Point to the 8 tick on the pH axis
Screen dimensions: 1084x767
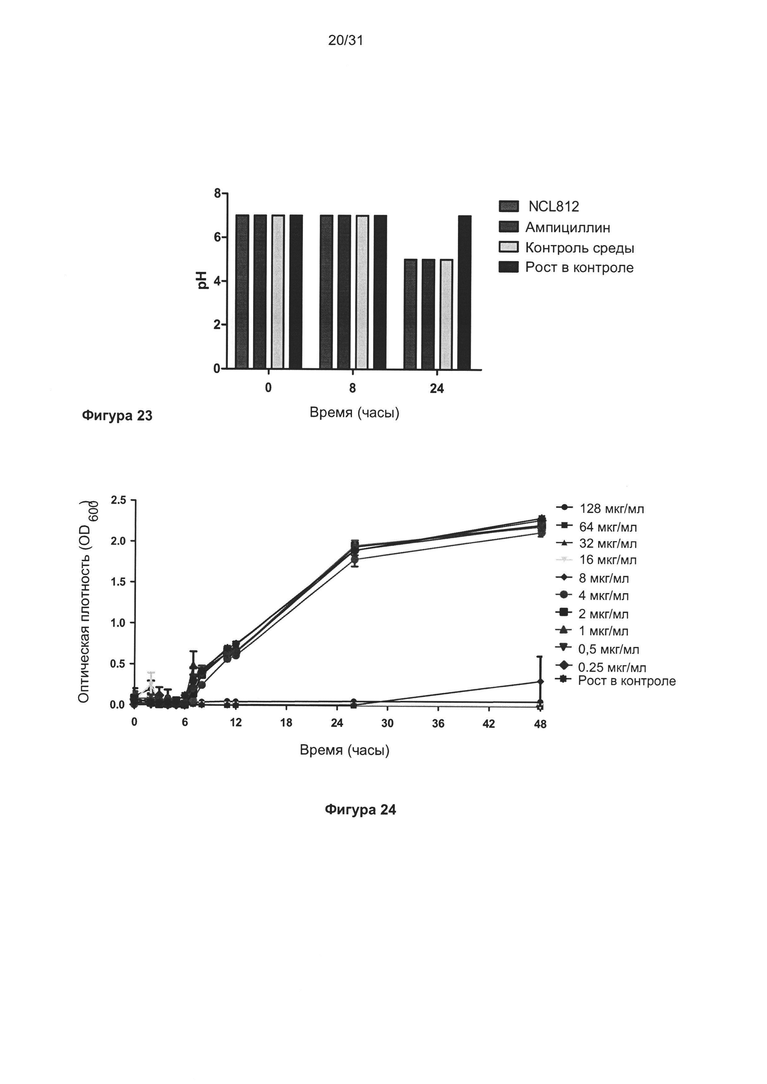point(217,193)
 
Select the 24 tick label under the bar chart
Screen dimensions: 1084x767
point(437,389)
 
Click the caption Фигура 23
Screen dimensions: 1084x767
point(117,415)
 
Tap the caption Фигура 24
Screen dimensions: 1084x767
point(360,810)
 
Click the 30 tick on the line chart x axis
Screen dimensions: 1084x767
point(387,723)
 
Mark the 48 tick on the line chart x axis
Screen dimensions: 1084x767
point(540,724)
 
